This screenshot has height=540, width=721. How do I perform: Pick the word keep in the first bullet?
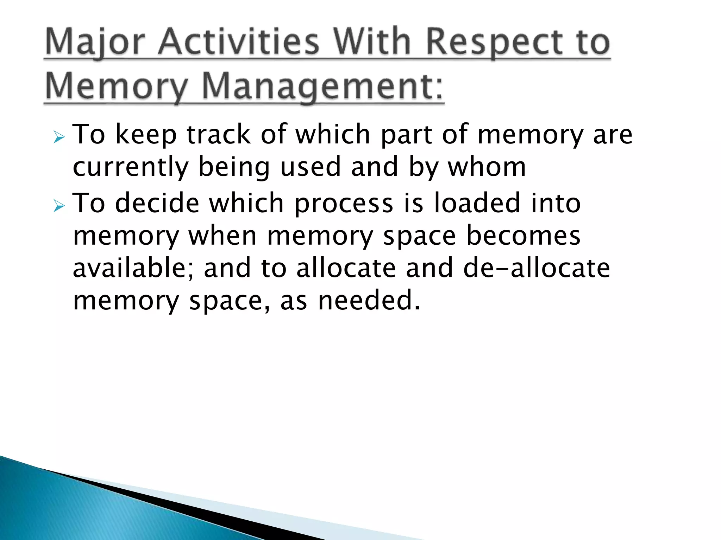click(146, 136)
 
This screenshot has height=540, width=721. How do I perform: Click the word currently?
click(131, 167)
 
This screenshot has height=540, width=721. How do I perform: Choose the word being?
click(234, 167)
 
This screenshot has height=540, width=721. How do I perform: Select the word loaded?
click(477, 203)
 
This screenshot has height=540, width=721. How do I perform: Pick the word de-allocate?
click(537, 268)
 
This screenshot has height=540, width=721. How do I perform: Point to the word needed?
click(369, 300)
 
